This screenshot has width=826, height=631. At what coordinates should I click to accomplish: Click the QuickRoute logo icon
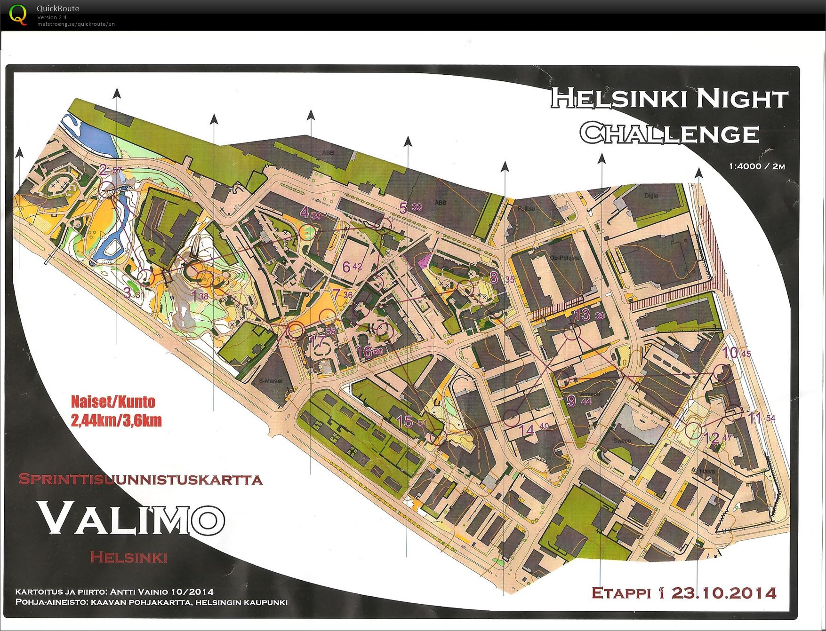click(18, 14)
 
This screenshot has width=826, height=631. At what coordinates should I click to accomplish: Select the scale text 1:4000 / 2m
click(757, 166)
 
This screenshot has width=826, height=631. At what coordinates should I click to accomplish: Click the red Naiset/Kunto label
click(113, 402)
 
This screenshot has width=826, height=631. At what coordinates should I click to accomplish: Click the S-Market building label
click(271, 381)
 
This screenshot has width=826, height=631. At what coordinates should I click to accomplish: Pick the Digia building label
click(651, 196)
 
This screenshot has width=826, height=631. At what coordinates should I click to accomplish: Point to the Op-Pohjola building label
click(564, 258)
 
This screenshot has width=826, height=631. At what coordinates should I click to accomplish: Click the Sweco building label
click(622, 441)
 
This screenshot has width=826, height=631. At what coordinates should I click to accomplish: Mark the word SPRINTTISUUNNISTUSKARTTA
click(140, 480)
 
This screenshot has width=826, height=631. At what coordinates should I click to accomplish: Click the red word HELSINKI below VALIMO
click(129, 558)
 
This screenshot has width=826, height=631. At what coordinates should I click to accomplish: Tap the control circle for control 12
click(693, 430)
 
